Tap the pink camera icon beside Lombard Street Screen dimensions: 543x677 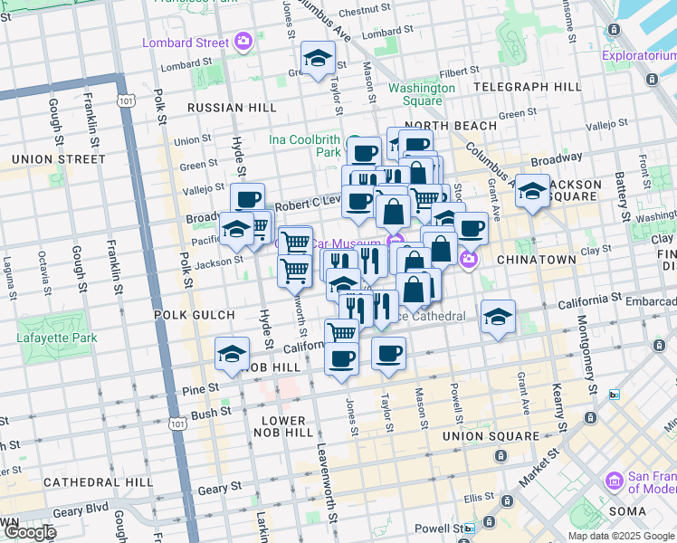click(243, 42)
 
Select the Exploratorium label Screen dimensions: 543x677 click(638, 55)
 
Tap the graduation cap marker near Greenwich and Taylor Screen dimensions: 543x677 click(318, 60)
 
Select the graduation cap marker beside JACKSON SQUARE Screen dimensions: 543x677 click(532, 191)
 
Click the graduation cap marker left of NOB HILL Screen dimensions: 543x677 click(233, 355)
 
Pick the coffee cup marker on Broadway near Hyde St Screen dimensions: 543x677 click(247, 200)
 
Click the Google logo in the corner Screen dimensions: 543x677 click(29, 532)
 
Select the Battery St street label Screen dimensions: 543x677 click(623, 194)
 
